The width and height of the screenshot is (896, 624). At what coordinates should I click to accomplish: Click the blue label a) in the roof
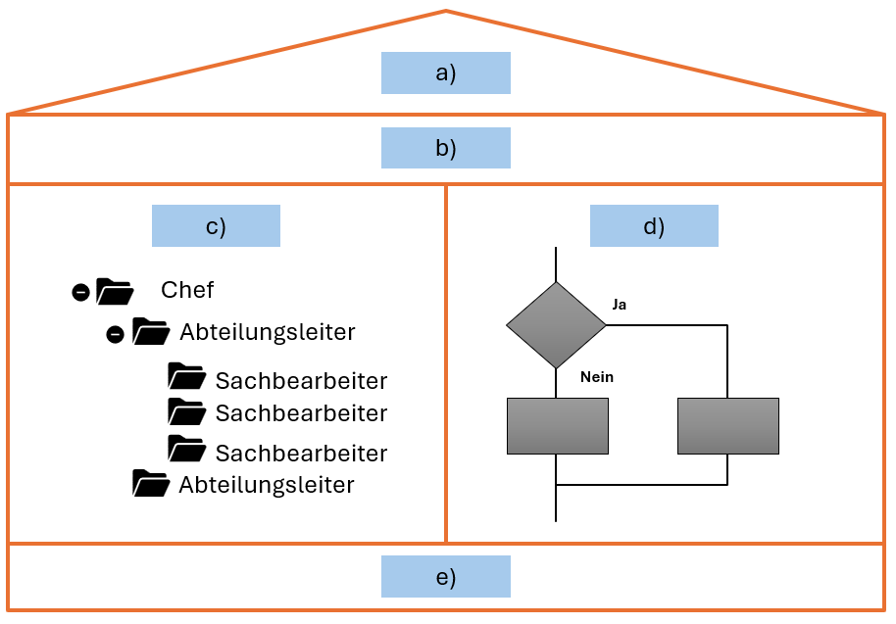pyautogui.click(x=446, y=73)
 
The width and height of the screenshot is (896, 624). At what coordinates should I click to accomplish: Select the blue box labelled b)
pyautogui.click(x=446, y=148)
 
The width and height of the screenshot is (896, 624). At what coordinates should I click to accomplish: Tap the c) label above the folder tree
pyautogui.click(x=216, y=225)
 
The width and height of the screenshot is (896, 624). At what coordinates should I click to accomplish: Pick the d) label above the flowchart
pyautogui.click(x=654, y=225)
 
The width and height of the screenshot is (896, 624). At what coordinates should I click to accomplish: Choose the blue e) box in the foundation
pyautogui.click(x=446, y=576)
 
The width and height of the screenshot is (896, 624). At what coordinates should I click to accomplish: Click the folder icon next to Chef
pyautogui.click(x=115, y=291)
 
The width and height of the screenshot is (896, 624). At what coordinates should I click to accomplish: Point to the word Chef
pyautogui.click(x=187, y=290)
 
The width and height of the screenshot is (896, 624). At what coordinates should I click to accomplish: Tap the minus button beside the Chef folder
pyautogui.click(x=81, y=292)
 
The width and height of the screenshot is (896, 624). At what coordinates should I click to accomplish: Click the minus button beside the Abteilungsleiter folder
pyautogui.click(x=115, y=334)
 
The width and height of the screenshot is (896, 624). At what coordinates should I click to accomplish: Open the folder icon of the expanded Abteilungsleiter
pyautogui.click(x=150, y=332)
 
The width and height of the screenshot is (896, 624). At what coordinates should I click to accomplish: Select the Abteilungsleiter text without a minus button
pyautogui.click(x=266, y=485)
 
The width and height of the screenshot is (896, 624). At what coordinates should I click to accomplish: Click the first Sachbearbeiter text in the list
pyautogui.click(x=301, y=381)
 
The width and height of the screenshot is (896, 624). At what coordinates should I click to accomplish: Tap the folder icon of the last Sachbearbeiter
pyautogui.click(x=186, y=449)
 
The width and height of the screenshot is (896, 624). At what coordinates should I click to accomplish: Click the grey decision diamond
pyautogui.click(x=556, y=325)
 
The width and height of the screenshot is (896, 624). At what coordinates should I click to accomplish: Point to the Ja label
pyautogui.click(x=620, y=305)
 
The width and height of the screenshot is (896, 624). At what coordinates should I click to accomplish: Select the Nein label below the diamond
pyautogui.click(x=597, y=376)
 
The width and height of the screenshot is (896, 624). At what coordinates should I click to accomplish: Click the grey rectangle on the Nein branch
pyautogui.click(x=557, y=426)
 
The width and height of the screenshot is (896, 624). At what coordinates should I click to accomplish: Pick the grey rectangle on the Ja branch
pyautogui.click(x=727, y=426)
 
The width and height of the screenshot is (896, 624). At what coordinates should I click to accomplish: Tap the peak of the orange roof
pyautogui.click(x=446, y=12)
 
